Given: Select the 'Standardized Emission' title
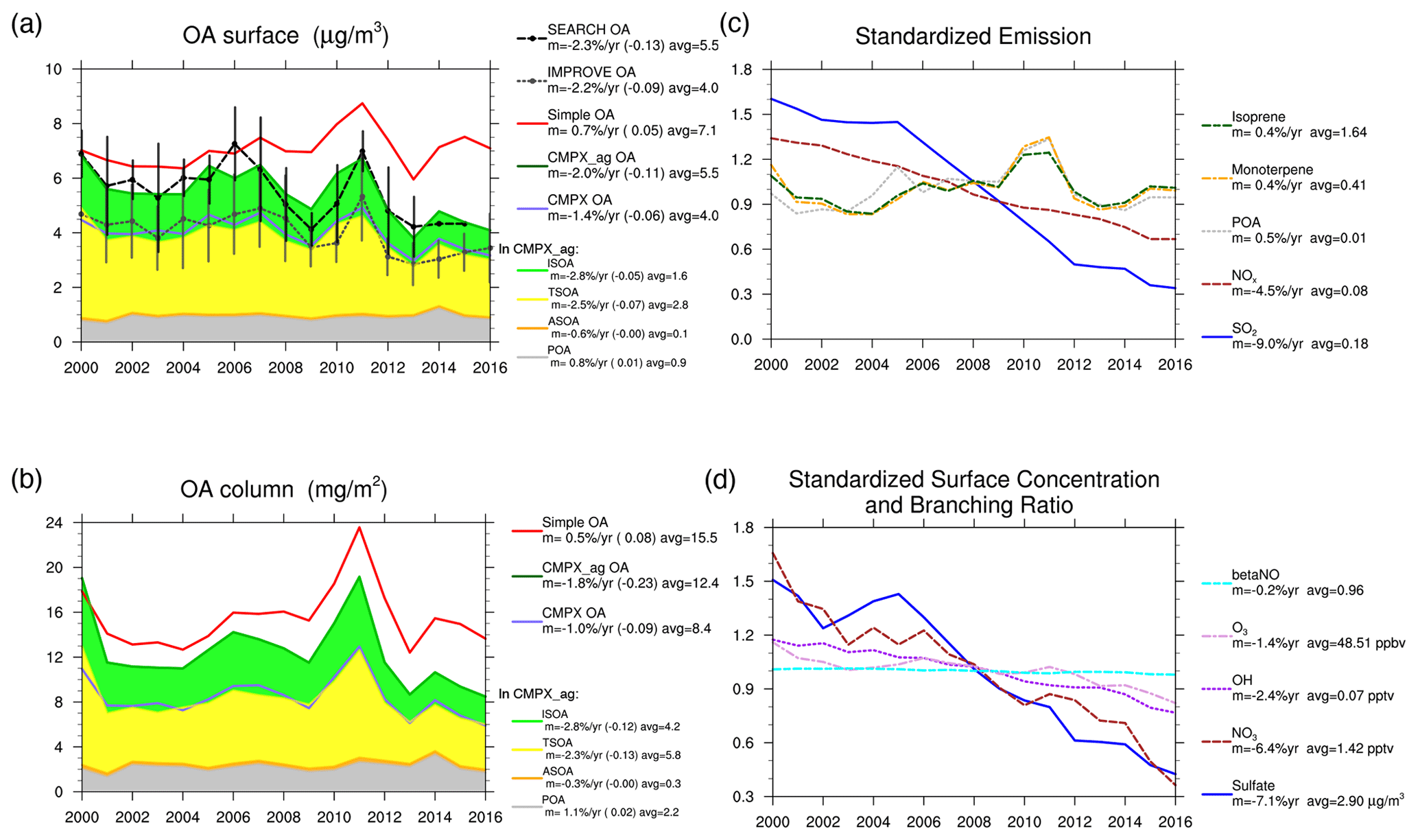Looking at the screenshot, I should pos(972,36).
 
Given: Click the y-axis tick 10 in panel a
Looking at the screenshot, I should pos(54,69).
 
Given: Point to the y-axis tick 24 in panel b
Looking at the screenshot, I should pos(54,523).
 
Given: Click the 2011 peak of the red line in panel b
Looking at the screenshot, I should pos(359,528).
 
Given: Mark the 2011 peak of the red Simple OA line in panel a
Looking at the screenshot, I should pos(362,104).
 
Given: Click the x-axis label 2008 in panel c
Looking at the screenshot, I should pos(973,364).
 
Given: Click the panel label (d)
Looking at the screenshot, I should pos(720,480).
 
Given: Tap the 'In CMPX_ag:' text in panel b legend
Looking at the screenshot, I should pos(539,694).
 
